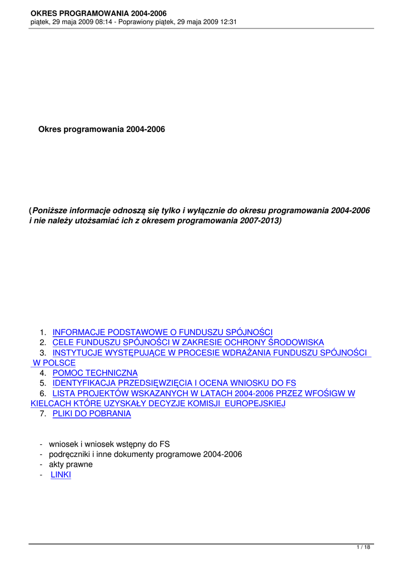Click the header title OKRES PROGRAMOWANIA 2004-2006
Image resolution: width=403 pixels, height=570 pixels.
98,13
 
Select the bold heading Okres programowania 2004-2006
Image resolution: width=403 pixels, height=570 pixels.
102,130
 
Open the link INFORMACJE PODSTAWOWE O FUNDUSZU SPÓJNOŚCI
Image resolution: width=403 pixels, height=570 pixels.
162,332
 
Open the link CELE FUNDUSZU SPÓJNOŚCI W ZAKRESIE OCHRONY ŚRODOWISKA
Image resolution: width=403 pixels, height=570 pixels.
188,342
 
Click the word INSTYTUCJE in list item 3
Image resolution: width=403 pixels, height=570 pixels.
77,352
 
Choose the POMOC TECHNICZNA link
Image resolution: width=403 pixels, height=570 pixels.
95,373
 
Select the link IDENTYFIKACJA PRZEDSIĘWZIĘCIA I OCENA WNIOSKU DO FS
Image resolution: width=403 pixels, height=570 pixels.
174,383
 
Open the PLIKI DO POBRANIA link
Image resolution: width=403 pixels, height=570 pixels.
92,414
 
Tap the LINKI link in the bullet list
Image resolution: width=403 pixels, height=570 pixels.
61,474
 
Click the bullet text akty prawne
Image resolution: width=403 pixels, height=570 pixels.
71,464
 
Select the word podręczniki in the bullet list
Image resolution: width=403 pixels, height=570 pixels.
69,454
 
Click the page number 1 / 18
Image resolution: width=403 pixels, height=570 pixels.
363,548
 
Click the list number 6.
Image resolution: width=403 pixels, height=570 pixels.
43,394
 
